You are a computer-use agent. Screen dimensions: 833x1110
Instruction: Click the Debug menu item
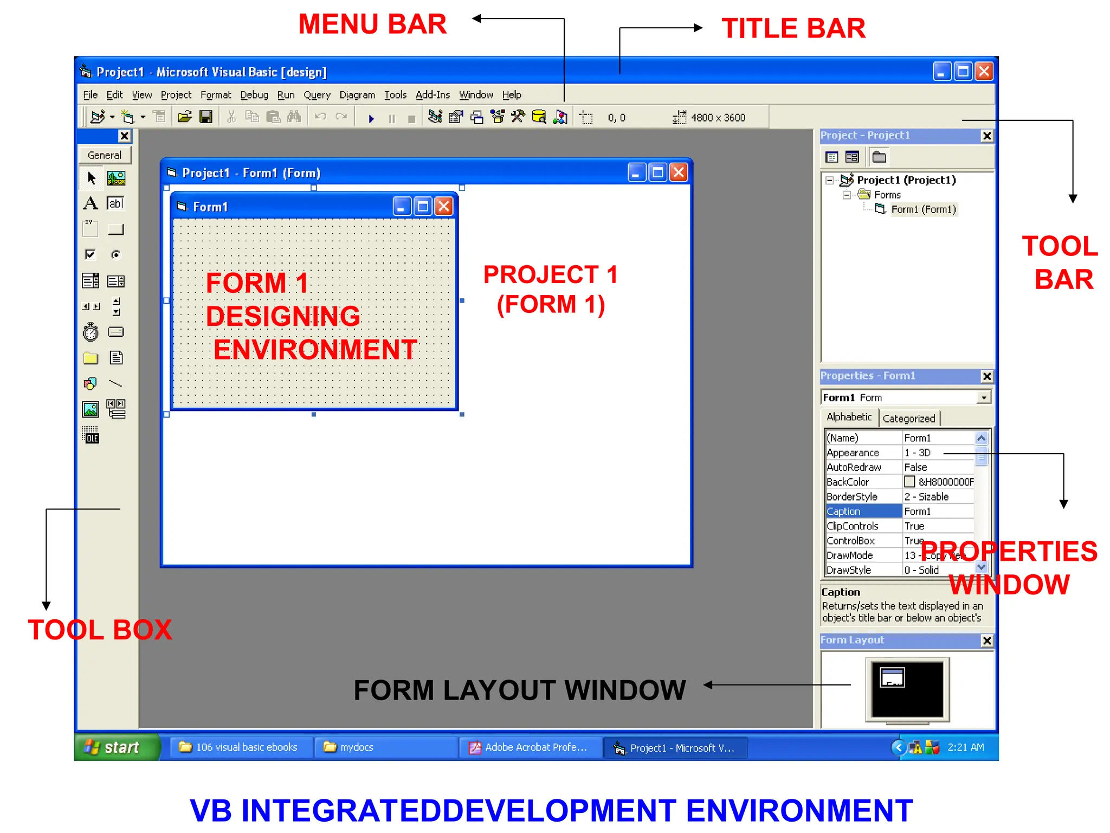pyautogui.click(x=254, y=95)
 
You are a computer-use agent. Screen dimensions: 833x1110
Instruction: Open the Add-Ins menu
pyautogui.click(x=433, y=95)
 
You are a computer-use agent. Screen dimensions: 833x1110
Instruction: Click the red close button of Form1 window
pyautogui.click(x=444, y=206)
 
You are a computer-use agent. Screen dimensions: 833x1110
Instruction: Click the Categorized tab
pyautogui.click(x=909, y=418)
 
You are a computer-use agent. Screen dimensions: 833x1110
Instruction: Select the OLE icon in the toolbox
pyautogui.click(x=91, y=435)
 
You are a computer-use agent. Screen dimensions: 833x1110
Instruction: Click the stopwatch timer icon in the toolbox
pyautogui.click(x=91, y=332)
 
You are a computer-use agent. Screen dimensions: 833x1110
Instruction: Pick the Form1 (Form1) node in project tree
pyautogui.click(x=923, y=209)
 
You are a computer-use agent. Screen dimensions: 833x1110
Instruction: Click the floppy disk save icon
pyautogui.click(x=206, y=117)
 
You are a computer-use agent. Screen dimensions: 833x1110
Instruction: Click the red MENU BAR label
pyautogui.click(x=372, y=24)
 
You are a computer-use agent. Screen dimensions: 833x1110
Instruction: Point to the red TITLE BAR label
pyautogui.click(x=793, y=28)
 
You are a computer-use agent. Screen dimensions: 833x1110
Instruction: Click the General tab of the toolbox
pyautogui.click(x=105, y=155)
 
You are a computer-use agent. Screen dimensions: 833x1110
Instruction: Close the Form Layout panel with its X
pyautogui.click(x=987, y=640)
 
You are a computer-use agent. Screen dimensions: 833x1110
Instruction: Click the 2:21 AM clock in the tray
pyautogui.click(x=965, y=747)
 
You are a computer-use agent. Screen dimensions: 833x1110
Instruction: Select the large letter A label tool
pyautogui.click(x=91, y=203)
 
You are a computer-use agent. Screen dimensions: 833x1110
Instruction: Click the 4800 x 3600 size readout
pyautogui.click(x=718, y=118)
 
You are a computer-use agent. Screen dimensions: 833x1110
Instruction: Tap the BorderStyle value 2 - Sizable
pyautogui.click(x=926, y=497)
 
